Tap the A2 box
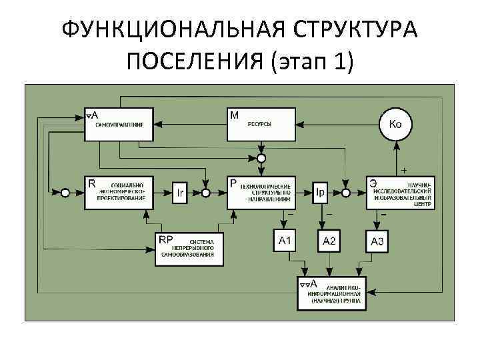(331, 241)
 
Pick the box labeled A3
(377, 241)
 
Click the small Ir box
(180, 193)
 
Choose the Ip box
(320, 193)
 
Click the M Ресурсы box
(261, 124)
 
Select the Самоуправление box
(119, 124)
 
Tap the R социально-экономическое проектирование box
(119, 193)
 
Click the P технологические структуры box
(261, 193)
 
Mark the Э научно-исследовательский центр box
(401, 193)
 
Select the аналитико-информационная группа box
(331, 291)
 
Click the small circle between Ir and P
(206, 193)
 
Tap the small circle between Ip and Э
(346, 193)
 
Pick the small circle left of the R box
(65, 193)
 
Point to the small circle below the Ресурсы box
(261, 159)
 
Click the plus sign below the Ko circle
(405, 169)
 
